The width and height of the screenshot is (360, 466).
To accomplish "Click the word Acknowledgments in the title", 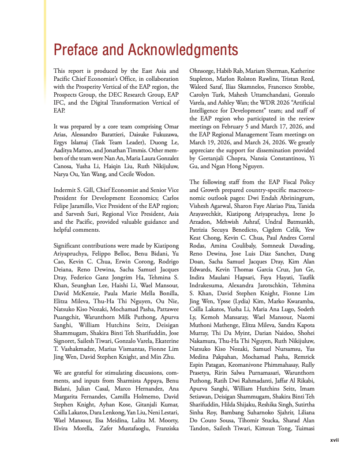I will pyautogui.click(x=183, y=50).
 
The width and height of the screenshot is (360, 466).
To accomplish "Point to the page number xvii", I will pyautogui.click(x=334, y=440).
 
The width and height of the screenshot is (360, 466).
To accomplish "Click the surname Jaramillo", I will pyautogui.click(x=87, y=206).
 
